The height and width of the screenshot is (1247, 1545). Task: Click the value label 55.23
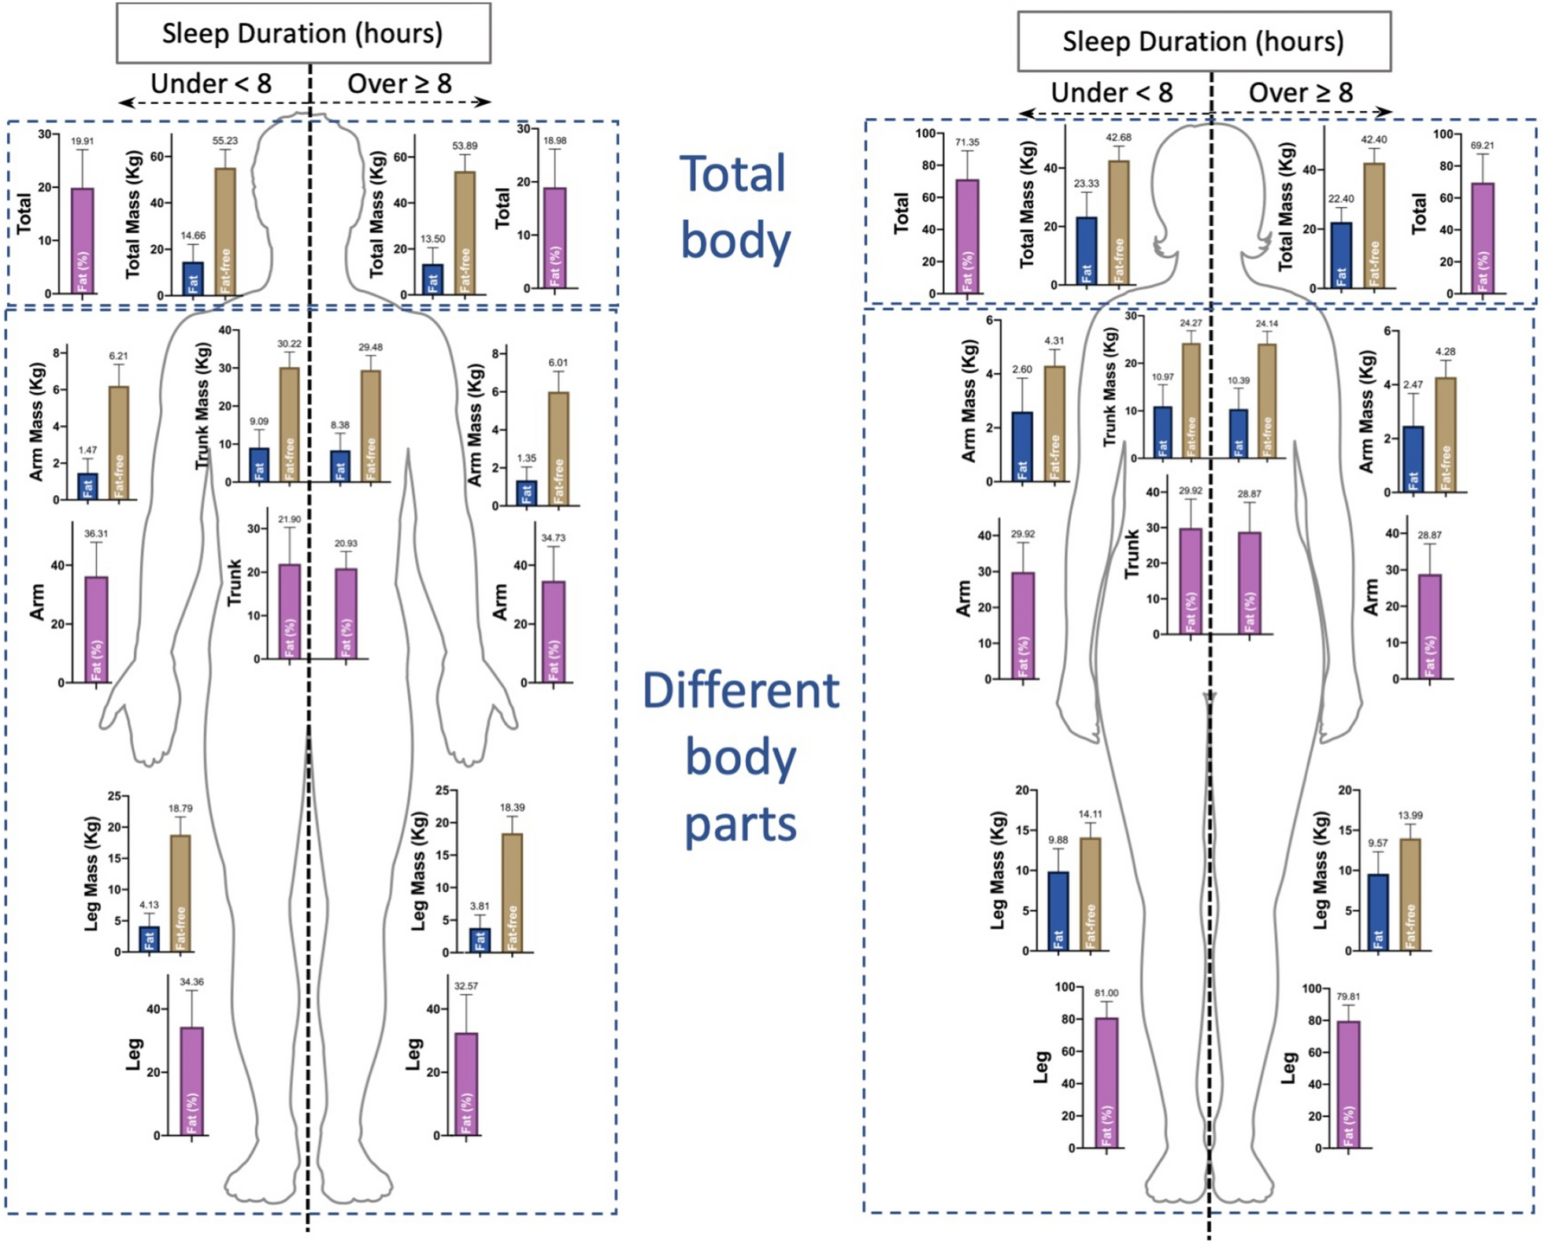(224, 141)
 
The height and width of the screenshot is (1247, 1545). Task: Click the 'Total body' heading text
(734, 206)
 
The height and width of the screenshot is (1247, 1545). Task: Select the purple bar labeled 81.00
(1106, 1082)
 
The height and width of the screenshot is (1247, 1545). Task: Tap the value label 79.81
(1348, 997)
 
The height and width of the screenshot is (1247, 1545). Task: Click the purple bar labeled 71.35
(967, 236)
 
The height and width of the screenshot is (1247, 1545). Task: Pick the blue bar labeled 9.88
(1058, 911)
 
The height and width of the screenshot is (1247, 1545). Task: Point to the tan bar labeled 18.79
(180, 894)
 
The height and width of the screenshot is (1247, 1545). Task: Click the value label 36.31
(96, 534)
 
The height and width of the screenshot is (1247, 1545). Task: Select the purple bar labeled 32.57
(466, 1084)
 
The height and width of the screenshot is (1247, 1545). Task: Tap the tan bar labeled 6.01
(558, 449)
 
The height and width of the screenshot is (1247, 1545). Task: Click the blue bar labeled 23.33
(1087, 250)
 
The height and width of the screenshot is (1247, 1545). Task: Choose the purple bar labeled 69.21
(1483, 239)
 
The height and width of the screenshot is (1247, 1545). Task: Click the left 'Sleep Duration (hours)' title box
(303, 33)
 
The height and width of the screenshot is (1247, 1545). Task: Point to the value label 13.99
(1410, 816)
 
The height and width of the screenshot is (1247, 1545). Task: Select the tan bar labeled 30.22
(289, 424)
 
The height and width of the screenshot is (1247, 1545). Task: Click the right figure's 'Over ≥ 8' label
(1301, 93)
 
